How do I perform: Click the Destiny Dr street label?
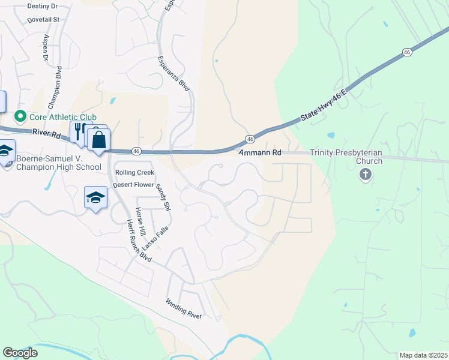[x=42, y=6]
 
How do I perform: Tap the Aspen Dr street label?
[x=46, y=47]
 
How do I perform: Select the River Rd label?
[x=47, y=134]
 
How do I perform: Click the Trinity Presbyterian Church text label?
[x=346, y=157]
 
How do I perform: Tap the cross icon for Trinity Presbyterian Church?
[x=364, y=175]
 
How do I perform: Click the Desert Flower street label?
[x=133, y=185]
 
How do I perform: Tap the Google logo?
[x=20, y=353]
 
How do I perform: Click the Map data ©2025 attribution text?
[x=423, y=355]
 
